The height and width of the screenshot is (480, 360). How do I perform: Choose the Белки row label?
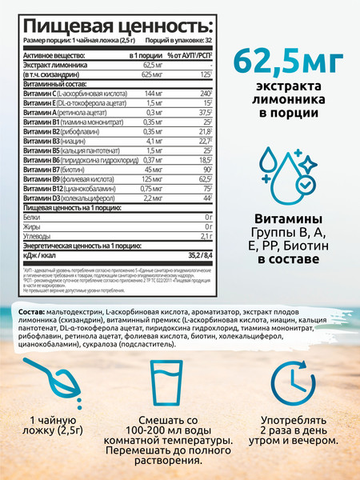point(34,217)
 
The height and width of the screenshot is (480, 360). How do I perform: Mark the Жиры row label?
point(34,226)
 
